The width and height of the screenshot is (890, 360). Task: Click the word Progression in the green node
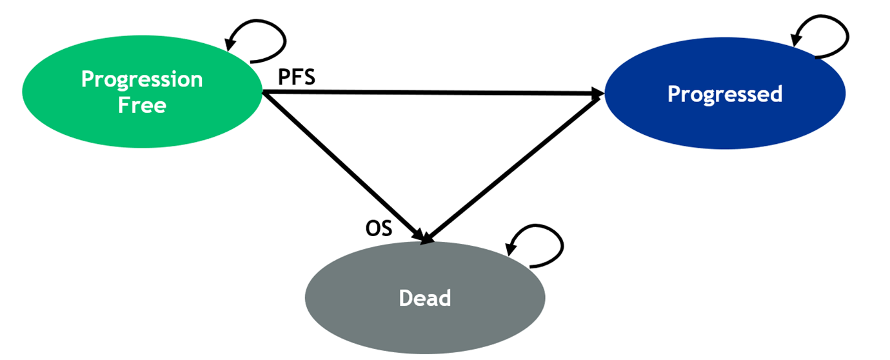pyautogui.click(x=142, y=79)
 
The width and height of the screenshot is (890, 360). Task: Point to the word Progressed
pyautogui.click(x=724, y=94)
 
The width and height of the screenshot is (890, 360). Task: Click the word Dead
pyautogui.click(x=425, y=298)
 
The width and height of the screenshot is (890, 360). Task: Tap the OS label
pyautogui.click(x=379, y=228)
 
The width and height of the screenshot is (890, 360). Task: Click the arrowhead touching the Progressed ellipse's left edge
pyautogui.click(x=597, y=94)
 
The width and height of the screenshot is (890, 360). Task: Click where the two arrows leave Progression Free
pyautogui.click(x=264, y=94)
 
